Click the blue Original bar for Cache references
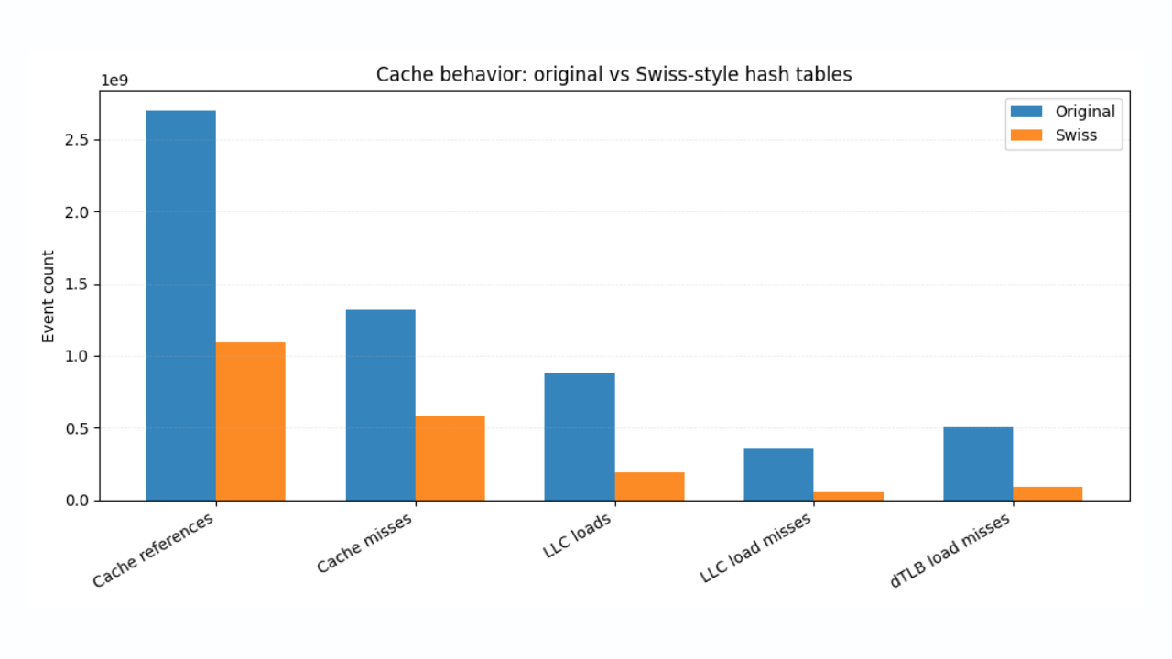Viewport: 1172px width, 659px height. coord(180,305)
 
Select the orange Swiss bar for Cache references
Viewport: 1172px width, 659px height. coord(250,421)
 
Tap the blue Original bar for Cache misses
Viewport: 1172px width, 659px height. coord(380,405)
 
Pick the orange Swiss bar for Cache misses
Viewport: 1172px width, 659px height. coord(450,458)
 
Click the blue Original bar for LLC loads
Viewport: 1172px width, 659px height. coord(580,436)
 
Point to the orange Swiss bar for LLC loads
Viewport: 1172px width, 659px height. coord(649,486)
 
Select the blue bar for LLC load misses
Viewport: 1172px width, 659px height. coord(778,474)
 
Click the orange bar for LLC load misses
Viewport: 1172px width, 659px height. coord(849,495)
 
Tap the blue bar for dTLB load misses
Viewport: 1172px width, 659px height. coord(978,463)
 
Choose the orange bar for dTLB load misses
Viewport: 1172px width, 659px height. coord(1047,493)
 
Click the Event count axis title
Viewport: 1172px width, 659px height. coord(49,297)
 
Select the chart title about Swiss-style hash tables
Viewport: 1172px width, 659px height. coord(613,75)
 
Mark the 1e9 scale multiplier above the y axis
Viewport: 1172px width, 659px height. coord(114,81)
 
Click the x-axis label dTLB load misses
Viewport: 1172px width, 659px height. coord(950,550)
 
